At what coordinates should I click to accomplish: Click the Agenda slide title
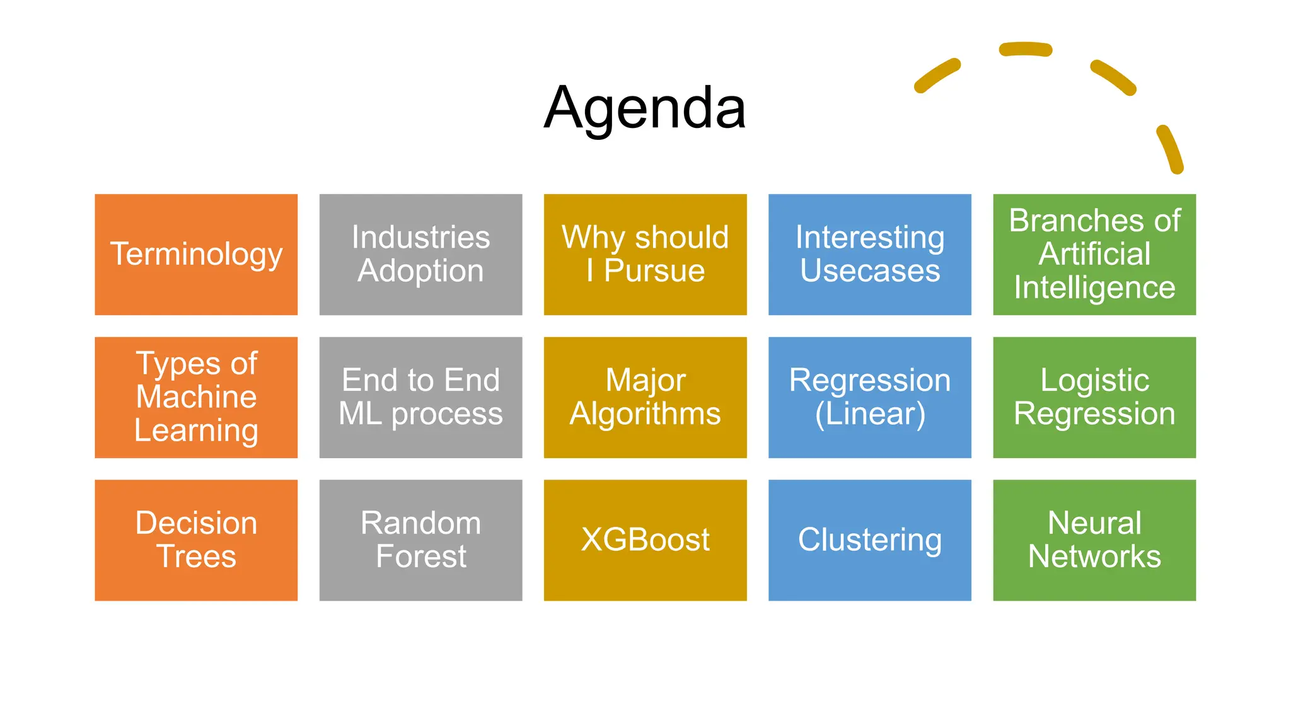(x=645, y=108)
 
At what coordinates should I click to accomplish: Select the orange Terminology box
(x=196, y=254)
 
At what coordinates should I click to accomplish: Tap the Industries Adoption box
(x=420, y=254)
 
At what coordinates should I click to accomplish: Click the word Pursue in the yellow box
(x=654, y=271)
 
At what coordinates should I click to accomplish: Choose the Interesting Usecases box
(x=869, y=254)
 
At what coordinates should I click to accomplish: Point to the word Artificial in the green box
(x=1094, y=254)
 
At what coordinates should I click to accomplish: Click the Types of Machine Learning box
(x=196, y=397)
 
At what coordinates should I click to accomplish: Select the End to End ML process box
(x=420, y=397)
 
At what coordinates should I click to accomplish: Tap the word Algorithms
(x=645, y=414)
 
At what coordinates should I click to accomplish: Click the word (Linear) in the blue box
(x=870, y=414)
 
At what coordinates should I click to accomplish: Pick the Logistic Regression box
(x=1094, y=397)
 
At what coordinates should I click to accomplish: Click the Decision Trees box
(x=196, y=540)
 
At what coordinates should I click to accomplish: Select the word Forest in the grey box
(x=420, y=556)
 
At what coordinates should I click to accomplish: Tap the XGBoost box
(x=645, y=540)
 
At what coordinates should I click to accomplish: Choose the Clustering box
(x=869, y=540)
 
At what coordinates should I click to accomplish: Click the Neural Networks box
(x=1094, y=540)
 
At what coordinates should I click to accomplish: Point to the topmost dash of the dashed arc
(x=1026, y=49)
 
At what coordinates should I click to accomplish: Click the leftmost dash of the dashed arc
(x=937, y=76)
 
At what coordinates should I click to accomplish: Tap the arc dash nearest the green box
(x=1169, y=149)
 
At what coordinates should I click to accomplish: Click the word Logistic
(x=1094, y=380)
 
